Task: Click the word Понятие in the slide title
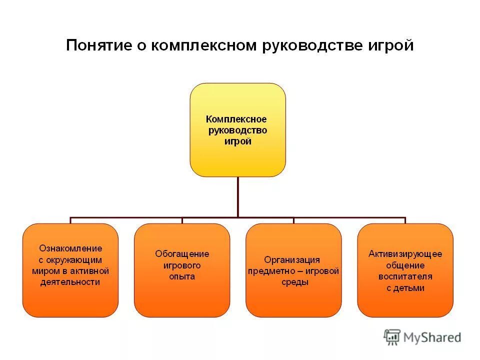point(98,46)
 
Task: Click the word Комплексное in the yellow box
point(236,119)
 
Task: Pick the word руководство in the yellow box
point(238,130)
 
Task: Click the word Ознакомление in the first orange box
point(70,248)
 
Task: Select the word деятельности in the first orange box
point(70,282)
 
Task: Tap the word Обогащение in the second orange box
point(182,254)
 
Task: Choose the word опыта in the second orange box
point(182,276)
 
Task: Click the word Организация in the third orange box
point(292,260)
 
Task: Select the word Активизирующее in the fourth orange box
point(405,253)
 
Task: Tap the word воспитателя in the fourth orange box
point(405,276)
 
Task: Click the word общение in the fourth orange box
point(405,265)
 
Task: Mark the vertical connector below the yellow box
point(237,197)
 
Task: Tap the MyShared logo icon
point(392,336)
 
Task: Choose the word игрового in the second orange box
point(182,265)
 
